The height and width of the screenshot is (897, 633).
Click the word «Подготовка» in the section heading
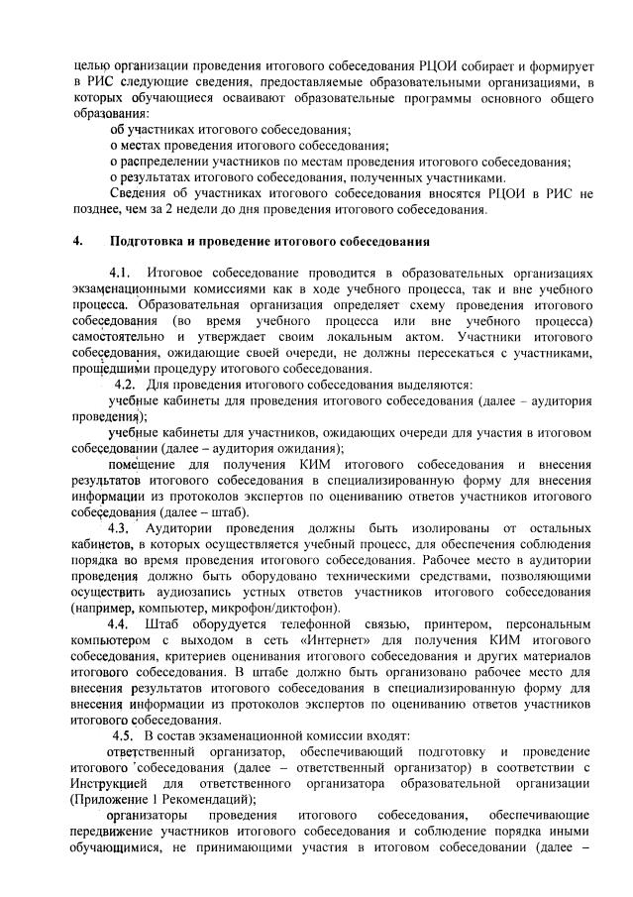pos(150,241)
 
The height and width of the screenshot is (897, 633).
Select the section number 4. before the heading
pos(78,241)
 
